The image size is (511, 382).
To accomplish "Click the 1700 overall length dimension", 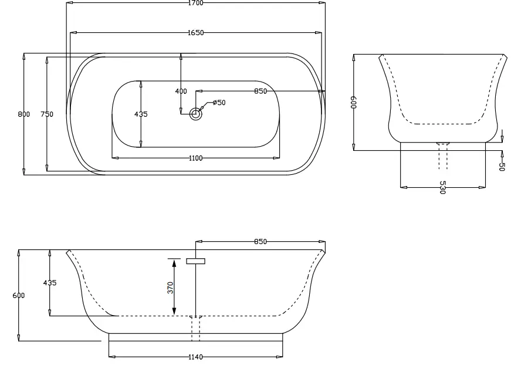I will pos(195,3).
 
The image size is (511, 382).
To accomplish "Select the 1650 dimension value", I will pos(195,33).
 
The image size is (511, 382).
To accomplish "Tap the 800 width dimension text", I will pos(23,114).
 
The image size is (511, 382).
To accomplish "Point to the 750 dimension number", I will pos(47,114).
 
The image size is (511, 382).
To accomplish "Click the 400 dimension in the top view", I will pos(181,92).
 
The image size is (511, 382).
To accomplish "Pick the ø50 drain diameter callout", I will pos(219,103).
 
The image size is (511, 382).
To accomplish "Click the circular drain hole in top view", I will pos(195,114).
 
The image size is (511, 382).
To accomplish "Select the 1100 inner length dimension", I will pos(195,158).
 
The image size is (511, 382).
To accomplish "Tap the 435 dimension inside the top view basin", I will pos(141,114).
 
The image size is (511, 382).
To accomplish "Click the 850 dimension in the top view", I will pos(260,92).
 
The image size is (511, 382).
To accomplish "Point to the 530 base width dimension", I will pos(442,188).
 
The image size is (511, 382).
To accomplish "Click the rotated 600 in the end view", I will pos(354,103).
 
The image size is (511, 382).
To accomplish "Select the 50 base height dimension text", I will pos(502,166).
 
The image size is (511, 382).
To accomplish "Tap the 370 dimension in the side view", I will pos(171,288).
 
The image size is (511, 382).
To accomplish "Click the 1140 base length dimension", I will pos(195,357).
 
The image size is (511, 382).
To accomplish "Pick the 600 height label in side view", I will pos(19,296).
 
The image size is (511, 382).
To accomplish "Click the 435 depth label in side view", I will pos(50,283).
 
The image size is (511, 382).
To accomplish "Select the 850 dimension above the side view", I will pos(260,242).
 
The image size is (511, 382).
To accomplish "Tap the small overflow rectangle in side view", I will pos(195,261).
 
